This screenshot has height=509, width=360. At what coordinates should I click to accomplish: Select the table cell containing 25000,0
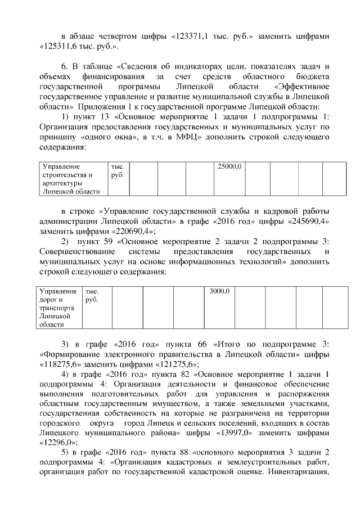(229, 179)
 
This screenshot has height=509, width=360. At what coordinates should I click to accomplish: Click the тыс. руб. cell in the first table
(120, 179)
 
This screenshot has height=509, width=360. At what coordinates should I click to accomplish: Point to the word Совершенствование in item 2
(75, 251)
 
